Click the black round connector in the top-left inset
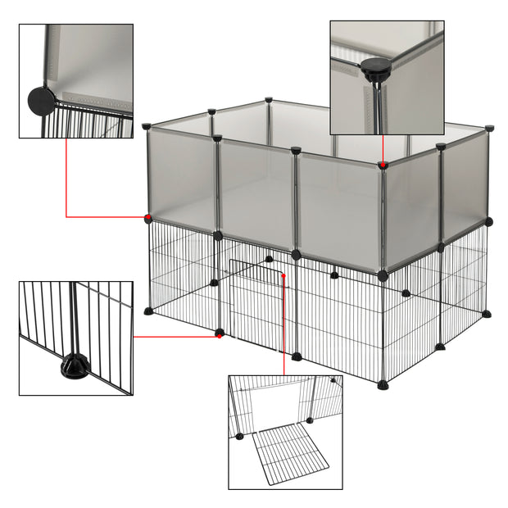(40, 102)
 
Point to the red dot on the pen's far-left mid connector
(148, 218)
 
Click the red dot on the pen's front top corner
(383, 166)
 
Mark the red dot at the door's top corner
(283, 275)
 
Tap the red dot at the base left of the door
(219, 333)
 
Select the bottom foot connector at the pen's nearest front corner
(383, 384)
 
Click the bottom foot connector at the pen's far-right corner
(487, 313)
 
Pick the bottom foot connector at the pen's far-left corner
(148, 311)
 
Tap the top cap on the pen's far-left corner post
(147, 127)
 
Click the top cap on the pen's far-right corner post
(489, 129)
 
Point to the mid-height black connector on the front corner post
(383, 275)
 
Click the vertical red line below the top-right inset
(383, 149)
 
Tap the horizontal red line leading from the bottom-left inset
(175, 335)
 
